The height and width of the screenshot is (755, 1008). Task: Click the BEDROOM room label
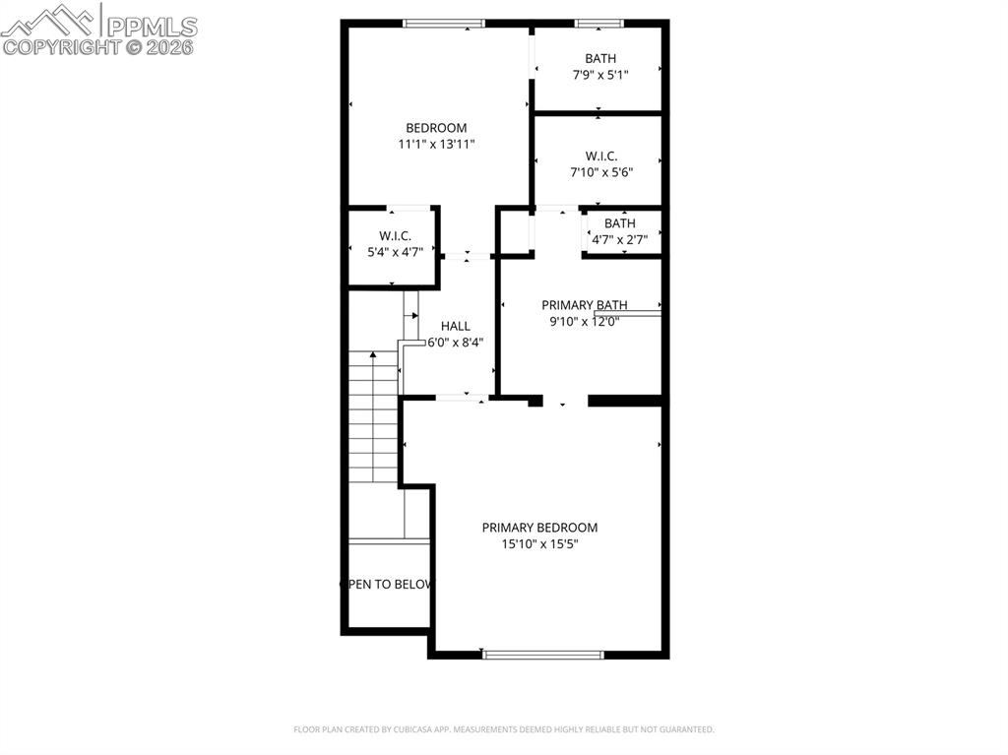(436, 128)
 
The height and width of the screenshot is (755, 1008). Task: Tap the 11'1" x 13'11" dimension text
(436, 144)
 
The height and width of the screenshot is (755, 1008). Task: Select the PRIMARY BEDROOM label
(540, 528)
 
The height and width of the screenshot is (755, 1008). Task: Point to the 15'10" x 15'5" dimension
(540, 544)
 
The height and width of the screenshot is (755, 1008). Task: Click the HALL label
(455, 326)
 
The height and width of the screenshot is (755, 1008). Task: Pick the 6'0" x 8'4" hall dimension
(455, 343)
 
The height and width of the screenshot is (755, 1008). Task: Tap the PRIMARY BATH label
(585, 305)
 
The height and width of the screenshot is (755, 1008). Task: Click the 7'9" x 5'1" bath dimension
(600, 75)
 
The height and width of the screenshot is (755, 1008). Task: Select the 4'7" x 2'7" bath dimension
(620, 240)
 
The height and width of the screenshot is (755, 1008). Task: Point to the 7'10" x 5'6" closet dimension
(601, 172)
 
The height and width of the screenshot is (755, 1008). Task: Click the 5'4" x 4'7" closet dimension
(395, 252)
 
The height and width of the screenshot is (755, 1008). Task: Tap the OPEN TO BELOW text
(386, 585)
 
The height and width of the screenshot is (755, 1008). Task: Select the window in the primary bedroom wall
(543, 655)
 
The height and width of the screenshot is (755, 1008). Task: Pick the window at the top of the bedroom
(444, 24)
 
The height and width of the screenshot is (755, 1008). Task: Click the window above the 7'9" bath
(599, 24)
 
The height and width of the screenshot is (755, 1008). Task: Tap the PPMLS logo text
(152, 27)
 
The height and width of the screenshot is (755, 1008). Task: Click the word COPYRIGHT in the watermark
(62, 47)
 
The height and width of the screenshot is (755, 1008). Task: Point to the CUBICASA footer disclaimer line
(504, 729)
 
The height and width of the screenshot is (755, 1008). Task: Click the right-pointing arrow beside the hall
(410, 316)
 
